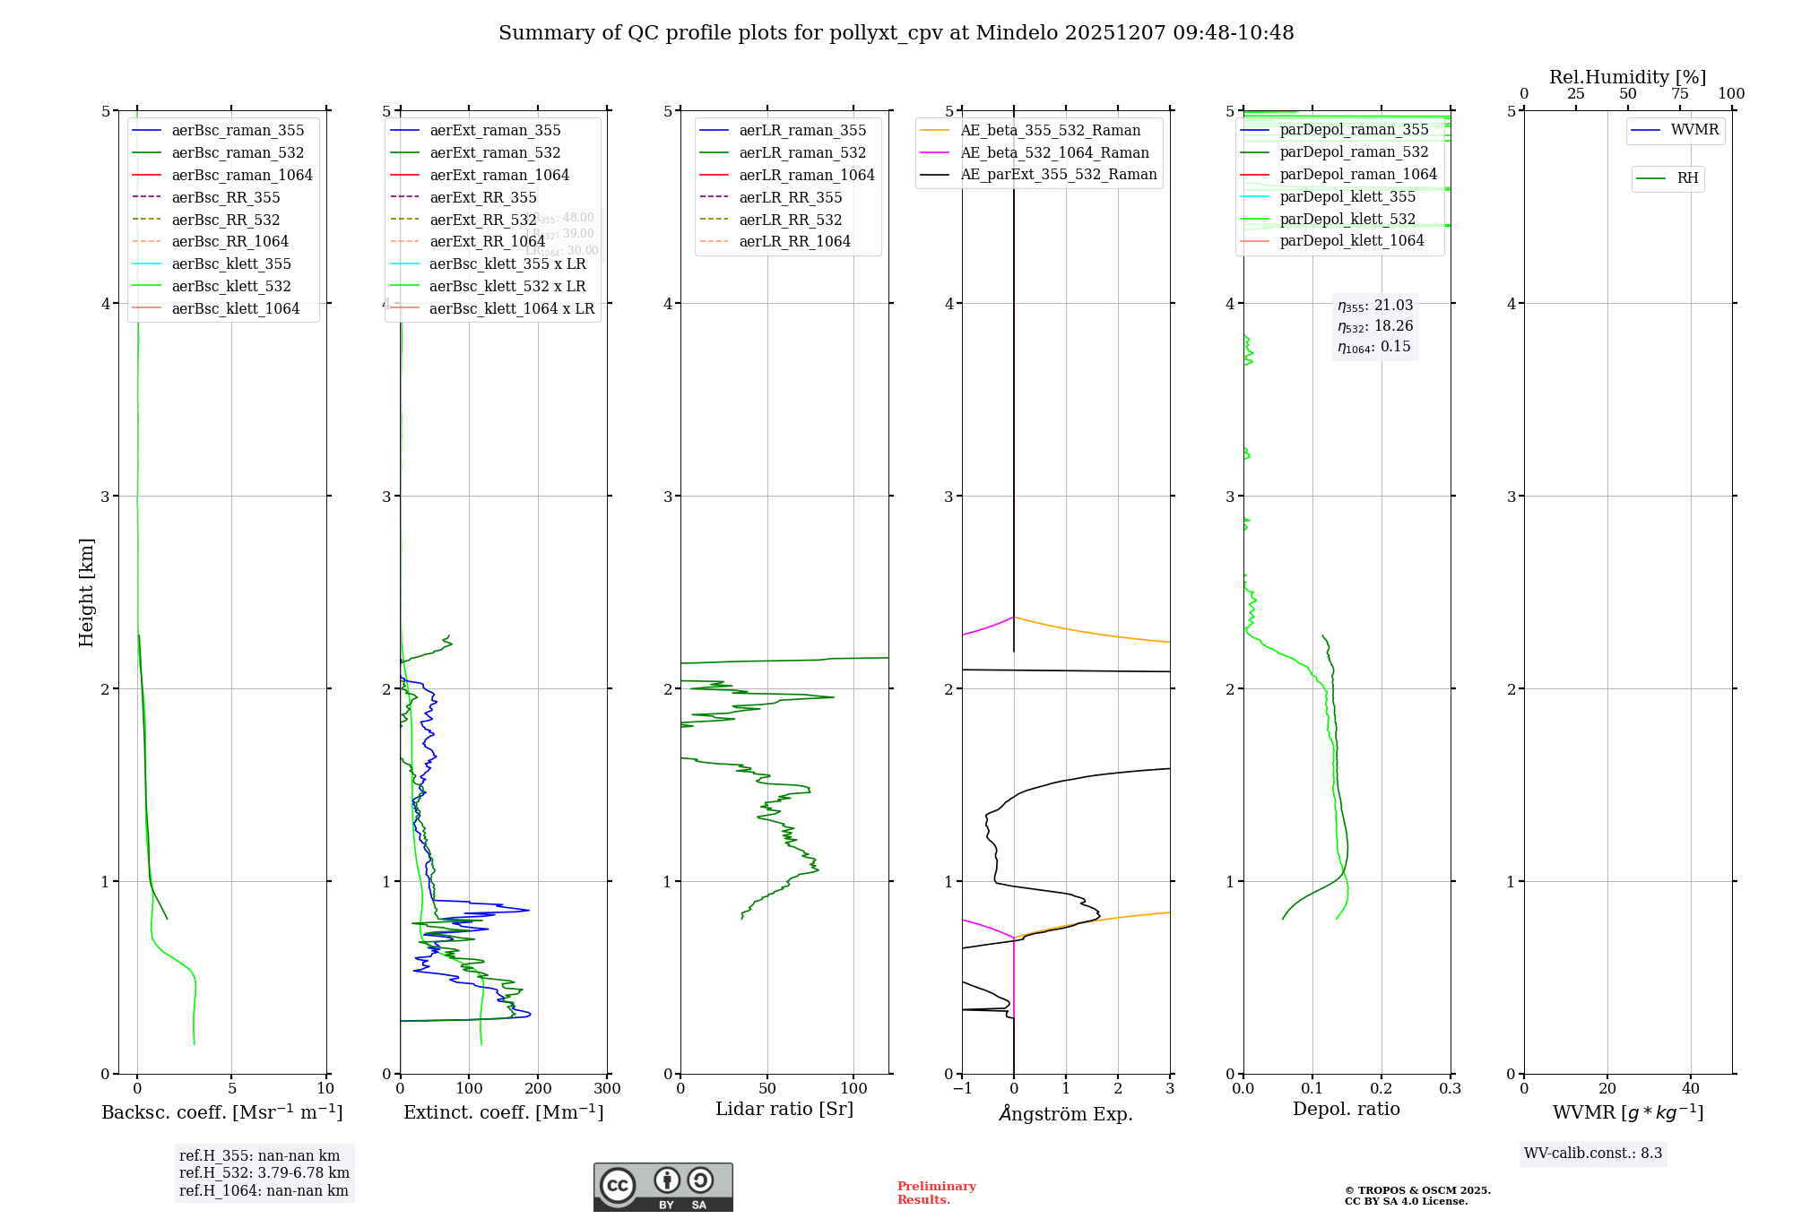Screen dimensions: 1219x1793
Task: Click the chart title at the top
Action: [896, 33]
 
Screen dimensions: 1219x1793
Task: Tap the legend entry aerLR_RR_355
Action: [790, 197]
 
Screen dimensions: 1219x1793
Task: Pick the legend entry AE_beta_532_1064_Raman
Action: [1054, 152]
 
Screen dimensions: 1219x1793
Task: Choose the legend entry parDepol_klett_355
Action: [1347, 196]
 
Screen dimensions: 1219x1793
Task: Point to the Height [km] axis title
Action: [86, 592]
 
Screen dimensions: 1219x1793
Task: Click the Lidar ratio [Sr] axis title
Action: [784, 1109]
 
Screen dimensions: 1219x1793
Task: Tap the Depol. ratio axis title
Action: [1346, 1109]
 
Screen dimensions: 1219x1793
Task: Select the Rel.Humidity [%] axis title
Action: [1627, 77]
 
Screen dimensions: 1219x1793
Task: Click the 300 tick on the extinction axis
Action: [607, 1089]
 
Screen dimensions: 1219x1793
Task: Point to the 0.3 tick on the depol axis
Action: [1450, 1089]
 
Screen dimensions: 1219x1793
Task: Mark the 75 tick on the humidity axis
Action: [1679, 94]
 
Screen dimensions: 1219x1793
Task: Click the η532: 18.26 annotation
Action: [1374, 326]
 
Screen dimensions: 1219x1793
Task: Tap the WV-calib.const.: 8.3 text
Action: [1592, 1154]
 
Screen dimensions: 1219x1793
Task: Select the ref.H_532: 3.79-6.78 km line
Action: [264, 1173]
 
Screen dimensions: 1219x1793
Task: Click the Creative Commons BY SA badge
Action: [663, 1187]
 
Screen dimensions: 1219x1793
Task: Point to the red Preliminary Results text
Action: [936, 1193]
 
